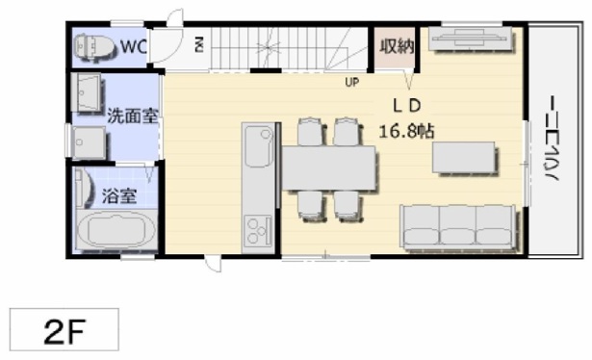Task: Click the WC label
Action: pyautogui.click(x=133, y=46)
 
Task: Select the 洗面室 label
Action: pyautogui.click(x=133, y=116)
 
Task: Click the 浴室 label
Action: pyautogui.click(x=119, y=195)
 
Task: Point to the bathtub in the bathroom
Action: pyautogui.click(x=116, y=229)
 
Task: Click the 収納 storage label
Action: pyautogui.click(x=397, y=46)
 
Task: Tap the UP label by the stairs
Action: pyautogui.click(x=352, y=82)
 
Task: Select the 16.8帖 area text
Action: pyautogui.click(x=406, y=131)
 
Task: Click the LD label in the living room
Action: pyautogui.click(x=406, y=106)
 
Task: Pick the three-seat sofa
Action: pyautogui.click(x=458, y=227)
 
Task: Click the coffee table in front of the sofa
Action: pyautogui.click(x=464, y=157)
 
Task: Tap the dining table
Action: pyautogui.click(x=329, y=167)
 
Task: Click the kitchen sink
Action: pyautogui.click(x=259, y=146)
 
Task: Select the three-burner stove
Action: pyautogui.click(x=258, y=230)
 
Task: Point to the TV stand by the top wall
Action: pyautogui.click(x=471, y=39)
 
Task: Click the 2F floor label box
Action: pyautogui.click(x=64, y=329)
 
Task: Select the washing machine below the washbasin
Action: pyautogui.click(x=89, y=142)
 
